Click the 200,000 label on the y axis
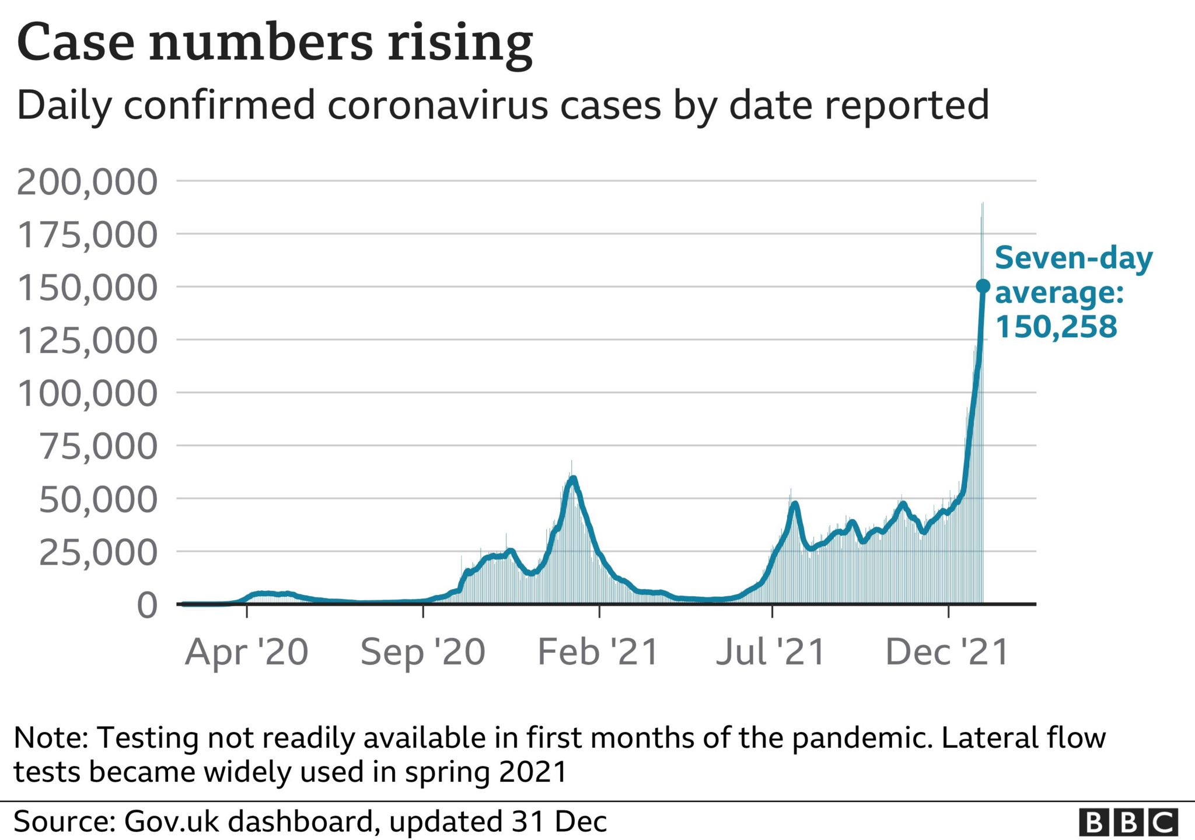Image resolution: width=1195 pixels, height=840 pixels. (87, 182)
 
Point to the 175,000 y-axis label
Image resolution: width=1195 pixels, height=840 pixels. (88, 235)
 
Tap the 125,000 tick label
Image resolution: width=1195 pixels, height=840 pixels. (88, 341)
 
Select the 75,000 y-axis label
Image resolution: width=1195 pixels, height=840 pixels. (98, 447)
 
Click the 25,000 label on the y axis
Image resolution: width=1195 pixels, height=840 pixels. (98, 552)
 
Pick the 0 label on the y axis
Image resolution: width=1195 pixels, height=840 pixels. (147, 605)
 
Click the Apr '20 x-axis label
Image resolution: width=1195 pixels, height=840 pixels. (247, 652)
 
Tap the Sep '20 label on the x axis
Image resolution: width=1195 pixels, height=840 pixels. (423, 652)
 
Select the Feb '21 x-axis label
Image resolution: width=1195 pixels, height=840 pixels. (598, 652)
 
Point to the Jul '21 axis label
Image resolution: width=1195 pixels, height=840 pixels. (771, 652)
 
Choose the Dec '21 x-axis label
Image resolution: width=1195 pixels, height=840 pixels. (948, 652)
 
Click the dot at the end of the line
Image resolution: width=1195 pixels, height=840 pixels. (983, 286)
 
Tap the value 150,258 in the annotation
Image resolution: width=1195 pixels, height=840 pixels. (1056, 326)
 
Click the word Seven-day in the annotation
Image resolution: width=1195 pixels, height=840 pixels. (1074, 258)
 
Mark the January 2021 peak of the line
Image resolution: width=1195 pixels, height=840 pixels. (573, 479)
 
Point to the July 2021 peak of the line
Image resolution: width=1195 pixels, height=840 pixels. (794, 503)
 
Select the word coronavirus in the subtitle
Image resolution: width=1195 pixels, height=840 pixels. (438, 106)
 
